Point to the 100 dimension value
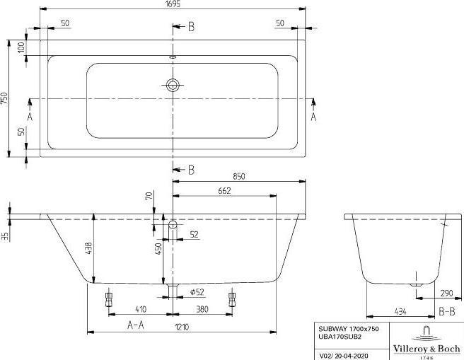pyautogui.click(x=21, y=48)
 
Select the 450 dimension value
pyautogui.click(x=160, y=248)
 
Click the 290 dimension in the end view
pyautogui.click(x=446, y=292)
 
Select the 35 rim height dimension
pyautogui.click(x=5, y=236)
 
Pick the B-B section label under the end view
pyautogui.click(x=446, y=311)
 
